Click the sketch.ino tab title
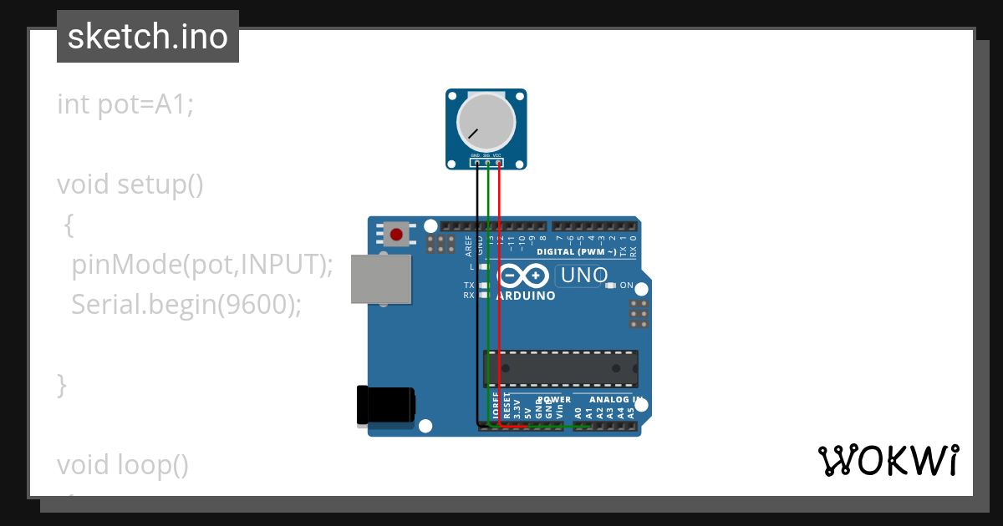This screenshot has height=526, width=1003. [x=148, y=37]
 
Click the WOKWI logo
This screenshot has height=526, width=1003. [x=888, y=460]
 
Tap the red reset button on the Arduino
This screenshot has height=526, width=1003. [x=396, y=235]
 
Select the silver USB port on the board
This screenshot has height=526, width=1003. [x=381, y=279]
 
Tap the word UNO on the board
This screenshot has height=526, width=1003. [x=583, y=275]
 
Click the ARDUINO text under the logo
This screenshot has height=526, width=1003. [x=526, y=296]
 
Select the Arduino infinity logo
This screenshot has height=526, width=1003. [x=523, y=276]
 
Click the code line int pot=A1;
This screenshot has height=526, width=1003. [x=125, y=104]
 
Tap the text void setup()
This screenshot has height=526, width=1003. [x=130, y=184]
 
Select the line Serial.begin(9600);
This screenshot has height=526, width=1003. [x=186, y=305]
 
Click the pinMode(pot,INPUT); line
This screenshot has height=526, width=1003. [x=202, y=265]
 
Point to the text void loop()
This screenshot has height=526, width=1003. [x=123, y=464]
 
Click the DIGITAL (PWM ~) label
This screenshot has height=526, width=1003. [x=577, y=251]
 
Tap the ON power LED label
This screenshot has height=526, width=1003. [x=626, y=286]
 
